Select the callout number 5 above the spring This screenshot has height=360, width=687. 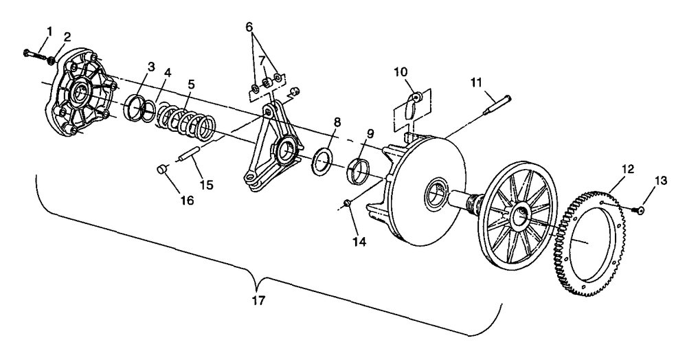point(191,84)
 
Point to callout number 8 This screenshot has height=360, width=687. point(336,122)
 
